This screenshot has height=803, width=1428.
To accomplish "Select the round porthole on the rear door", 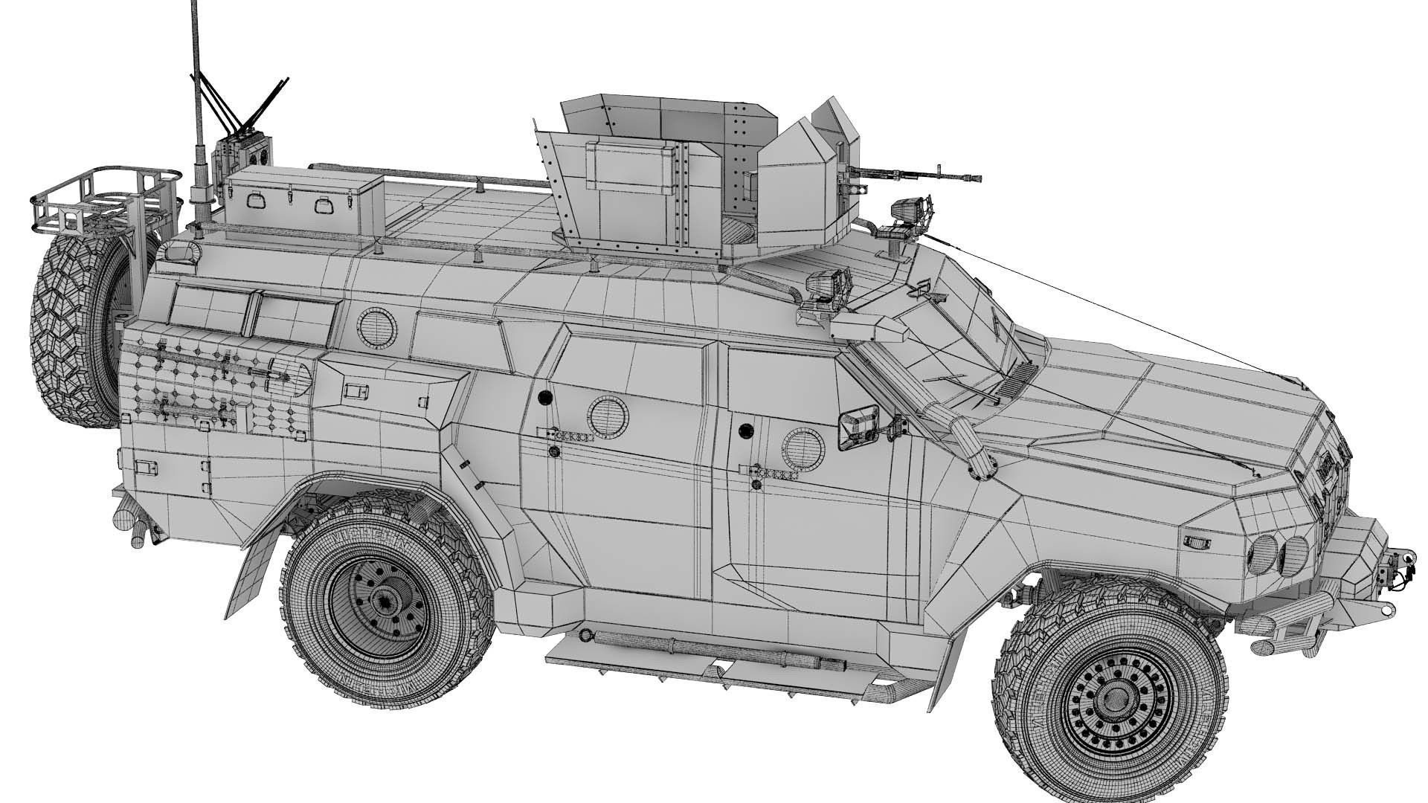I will click(x=607, y=413).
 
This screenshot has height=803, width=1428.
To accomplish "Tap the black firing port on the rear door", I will click(x=544, y=396).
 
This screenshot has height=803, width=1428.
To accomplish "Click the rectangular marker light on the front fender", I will click(x=1197, y=541).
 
